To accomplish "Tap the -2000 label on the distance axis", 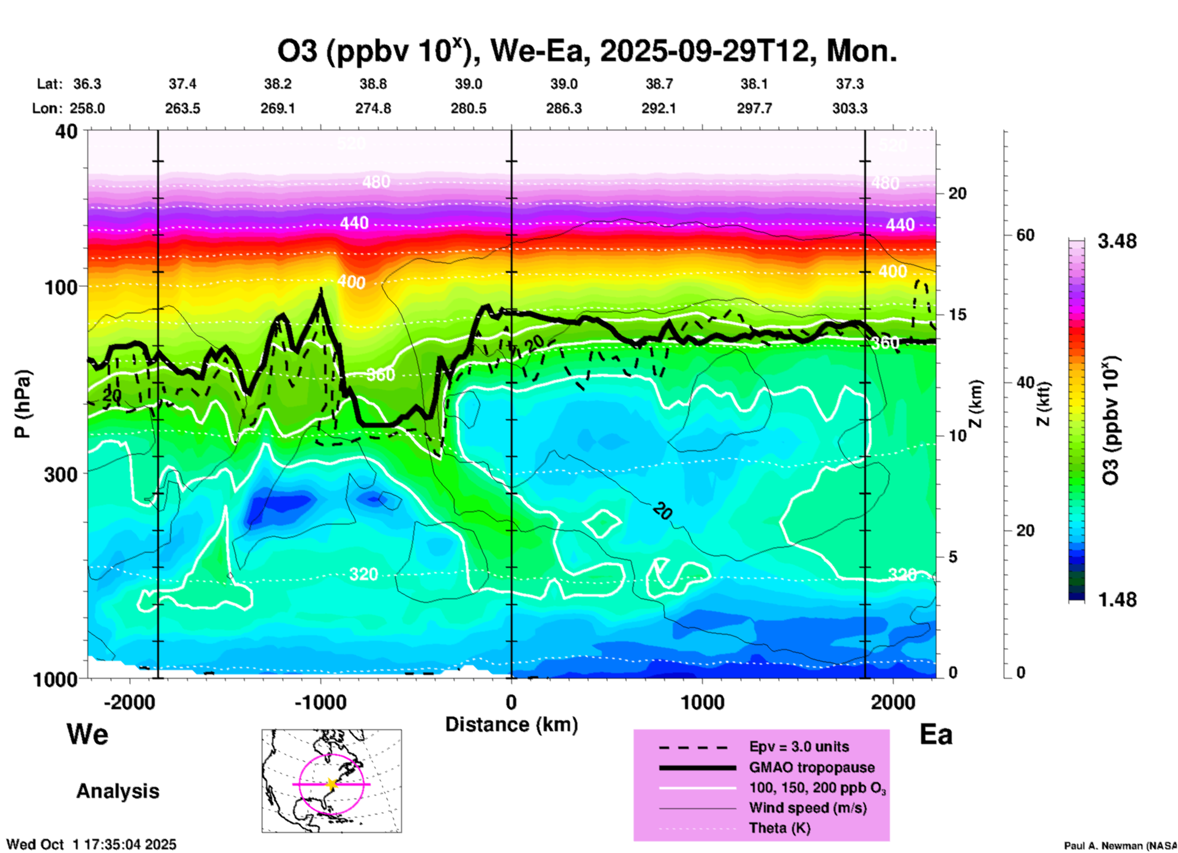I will pos(129,702).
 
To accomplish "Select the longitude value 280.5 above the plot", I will pos(469,108).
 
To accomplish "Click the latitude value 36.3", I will pos(87,84).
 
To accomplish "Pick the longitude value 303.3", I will pos(850,108).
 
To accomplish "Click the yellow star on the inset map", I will pos(332,783).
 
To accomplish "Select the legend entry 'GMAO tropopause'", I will pos(812,767).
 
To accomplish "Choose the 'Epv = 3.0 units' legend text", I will pos(799,747).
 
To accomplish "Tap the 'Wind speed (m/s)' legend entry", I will pos(807,808).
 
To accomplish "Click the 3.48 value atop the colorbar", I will pos(1117,241).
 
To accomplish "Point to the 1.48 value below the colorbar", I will pos(1117,600).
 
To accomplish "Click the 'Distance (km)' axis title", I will pos(511,724).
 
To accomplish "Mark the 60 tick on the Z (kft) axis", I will pos(1025,235).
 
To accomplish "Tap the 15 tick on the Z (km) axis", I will pos(957,315).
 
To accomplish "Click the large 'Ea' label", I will pos(936,735).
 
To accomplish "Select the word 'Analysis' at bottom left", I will pos(117,791).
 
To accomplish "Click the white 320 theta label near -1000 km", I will pos(363,574).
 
